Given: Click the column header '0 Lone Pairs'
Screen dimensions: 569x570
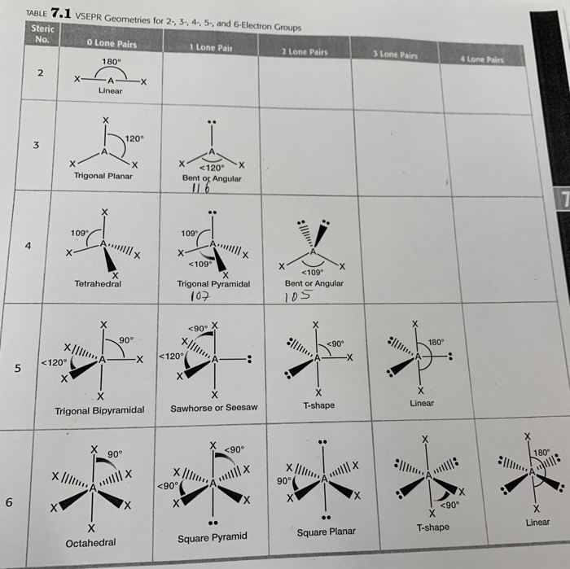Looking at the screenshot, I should click(x=111, y=43).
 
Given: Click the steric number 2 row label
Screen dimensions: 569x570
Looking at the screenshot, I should click(x=40, y=73).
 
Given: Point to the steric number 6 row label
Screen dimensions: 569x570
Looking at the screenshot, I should click(x=9, y=503).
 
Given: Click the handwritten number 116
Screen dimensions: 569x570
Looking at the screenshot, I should click(x=201, y=189).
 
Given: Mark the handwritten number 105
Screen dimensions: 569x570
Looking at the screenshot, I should click(x=298, y=296).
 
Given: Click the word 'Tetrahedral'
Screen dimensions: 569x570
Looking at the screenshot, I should click(x=98, y=284).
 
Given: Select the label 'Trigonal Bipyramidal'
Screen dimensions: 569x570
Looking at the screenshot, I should click(x=99, y=410).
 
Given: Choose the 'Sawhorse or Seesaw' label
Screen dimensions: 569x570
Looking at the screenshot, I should click(x=213, y=407).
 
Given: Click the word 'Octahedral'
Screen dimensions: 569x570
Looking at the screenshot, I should click(x=90, y=542).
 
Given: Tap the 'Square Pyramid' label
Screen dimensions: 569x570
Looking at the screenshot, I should click(x=212, y=537).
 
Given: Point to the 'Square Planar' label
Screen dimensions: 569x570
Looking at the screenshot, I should click(x=326, y=532).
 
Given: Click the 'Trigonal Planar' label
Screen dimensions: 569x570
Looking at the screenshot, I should click(x=104, y=175).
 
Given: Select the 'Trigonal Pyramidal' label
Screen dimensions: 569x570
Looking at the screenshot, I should click(x=213, y=284).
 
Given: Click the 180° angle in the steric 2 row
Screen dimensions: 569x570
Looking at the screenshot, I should click(x=111, y=61).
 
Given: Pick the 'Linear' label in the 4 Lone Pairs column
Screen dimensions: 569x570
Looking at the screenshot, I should click(x=537, y=522).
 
